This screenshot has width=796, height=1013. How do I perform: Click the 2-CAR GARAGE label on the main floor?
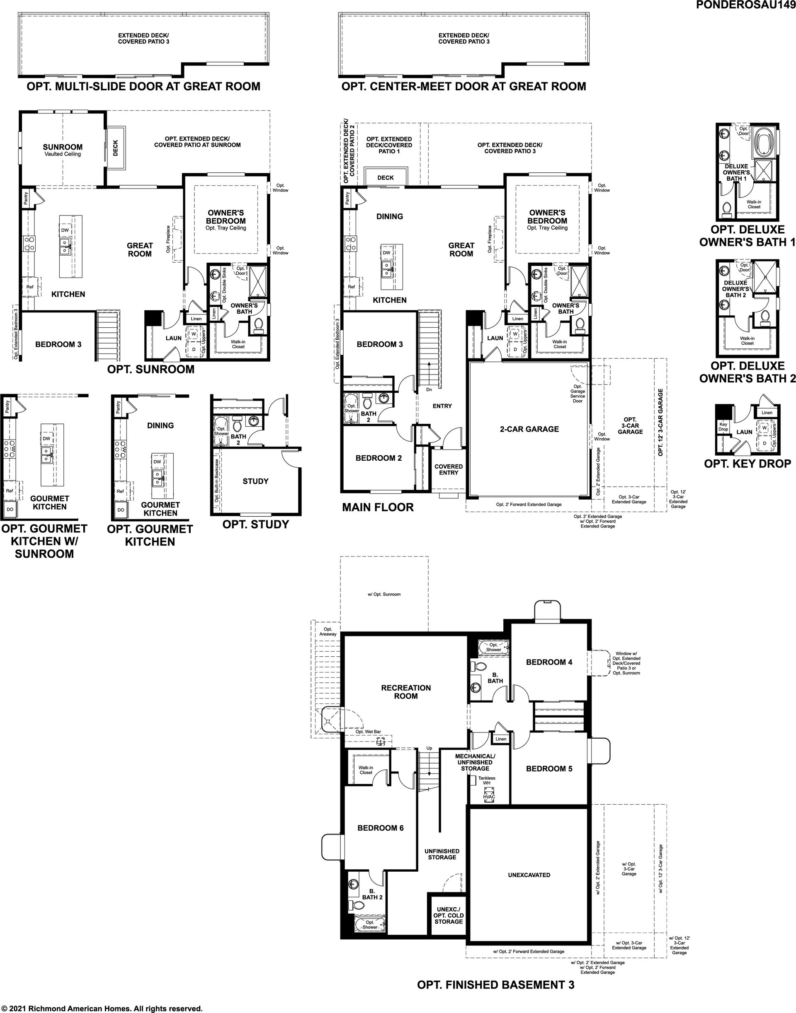coord(529,429)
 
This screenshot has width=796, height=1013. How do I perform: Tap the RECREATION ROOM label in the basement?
coord(406,691)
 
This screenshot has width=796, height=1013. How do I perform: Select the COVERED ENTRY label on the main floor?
coord(448,469)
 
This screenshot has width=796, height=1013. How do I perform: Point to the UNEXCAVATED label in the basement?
coord(529,875)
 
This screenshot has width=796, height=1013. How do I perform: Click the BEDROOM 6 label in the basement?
coord(380,828)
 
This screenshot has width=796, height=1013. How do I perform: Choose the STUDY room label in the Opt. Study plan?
coord(255,481)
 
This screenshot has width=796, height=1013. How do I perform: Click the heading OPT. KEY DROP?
coord(747,464)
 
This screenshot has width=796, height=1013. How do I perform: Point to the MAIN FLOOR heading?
coord(378,507)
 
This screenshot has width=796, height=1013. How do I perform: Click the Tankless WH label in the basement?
coord(487,780)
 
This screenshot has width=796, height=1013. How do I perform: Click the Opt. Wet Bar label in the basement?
coord(368,732)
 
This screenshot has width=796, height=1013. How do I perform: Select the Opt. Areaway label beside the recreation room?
coord(328,631)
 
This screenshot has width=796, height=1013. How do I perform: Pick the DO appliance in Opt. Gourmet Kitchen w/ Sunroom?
coord(10,510)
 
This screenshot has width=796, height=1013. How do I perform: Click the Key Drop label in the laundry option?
coord(723,427)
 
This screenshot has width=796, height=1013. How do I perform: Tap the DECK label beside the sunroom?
coord(116,147)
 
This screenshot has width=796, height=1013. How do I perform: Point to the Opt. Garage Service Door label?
coord(578,394)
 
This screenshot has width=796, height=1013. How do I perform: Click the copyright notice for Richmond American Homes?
coord(102,1008)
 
